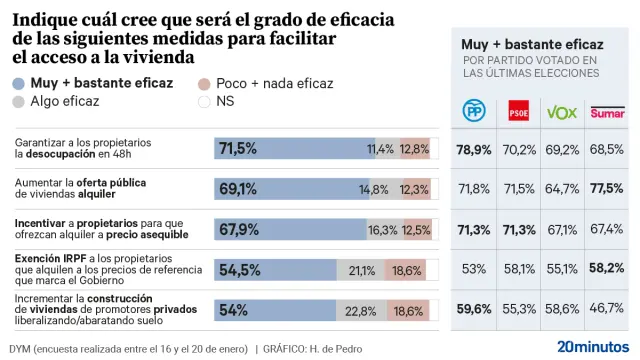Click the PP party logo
pyautogui.click(x=473, y=112)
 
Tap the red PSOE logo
pyautogui.click(x=519, y=112)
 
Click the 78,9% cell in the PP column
pyautogui.click(x=473, y=149)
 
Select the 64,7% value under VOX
pyautogui.click(x=562, y=188)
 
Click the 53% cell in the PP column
pyautogui.click(x=473, y=269)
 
